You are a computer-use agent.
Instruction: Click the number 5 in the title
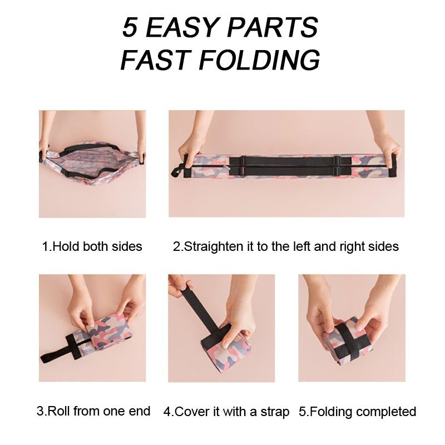pos(130,28)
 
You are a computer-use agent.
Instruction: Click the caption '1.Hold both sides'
pos(92,246)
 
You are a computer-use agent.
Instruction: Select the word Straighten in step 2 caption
pos(214,246)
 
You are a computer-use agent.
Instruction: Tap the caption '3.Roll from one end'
pos(93,411)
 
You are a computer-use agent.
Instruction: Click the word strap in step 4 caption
pos(274,412)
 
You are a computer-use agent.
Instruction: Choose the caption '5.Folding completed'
pos(357,412)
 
